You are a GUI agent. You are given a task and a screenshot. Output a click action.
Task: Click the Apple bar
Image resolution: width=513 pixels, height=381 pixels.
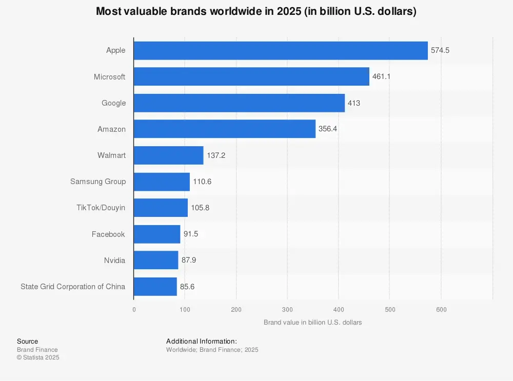pos(281,50)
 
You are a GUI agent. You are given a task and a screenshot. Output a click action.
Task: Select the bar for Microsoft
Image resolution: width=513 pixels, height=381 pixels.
pos(251,76)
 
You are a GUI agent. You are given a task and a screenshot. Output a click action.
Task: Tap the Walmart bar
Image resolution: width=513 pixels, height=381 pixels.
pos(168,155)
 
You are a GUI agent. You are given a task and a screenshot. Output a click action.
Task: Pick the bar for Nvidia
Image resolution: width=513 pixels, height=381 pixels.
pos(156,260)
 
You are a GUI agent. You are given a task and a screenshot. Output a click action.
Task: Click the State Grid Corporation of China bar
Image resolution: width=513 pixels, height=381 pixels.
pos(155,287)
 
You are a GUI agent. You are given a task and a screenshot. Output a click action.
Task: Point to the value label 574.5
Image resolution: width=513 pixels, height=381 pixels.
pos(440,50)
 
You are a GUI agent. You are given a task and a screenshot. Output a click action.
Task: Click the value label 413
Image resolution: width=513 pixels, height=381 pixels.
pos(354,103)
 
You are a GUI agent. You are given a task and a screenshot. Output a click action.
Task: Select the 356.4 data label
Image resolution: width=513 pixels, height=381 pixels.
pos(328,129)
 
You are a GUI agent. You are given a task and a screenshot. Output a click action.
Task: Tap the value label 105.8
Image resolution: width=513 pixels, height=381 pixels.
pos(200,208)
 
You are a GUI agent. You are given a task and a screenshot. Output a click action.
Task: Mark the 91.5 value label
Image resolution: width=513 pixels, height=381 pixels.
pos(191,234)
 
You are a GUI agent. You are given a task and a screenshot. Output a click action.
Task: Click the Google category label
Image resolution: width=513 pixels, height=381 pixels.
pos(113,103)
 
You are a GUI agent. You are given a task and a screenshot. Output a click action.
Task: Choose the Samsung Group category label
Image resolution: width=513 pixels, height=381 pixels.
pos(98,182)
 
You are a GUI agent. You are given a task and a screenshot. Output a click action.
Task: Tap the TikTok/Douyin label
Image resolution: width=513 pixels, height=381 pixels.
pos(101,208)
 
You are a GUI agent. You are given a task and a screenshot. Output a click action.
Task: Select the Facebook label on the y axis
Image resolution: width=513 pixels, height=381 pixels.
pos(108,234)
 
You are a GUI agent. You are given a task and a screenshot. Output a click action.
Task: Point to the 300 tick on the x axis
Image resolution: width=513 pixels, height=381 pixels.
pos(287,309)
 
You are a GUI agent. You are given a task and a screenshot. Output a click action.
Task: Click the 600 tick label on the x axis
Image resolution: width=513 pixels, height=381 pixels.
pos(441,309)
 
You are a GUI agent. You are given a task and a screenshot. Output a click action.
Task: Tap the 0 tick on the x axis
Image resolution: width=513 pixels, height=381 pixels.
pos(134,309)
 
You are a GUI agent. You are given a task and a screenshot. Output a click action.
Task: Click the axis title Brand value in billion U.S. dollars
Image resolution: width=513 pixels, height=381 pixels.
pos(312,323)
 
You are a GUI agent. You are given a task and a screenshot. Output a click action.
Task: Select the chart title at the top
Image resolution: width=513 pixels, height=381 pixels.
pos(256,11)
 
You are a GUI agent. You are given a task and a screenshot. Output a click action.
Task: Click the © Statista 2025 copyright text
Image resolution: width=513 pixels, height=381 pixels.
pos(38,357)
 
